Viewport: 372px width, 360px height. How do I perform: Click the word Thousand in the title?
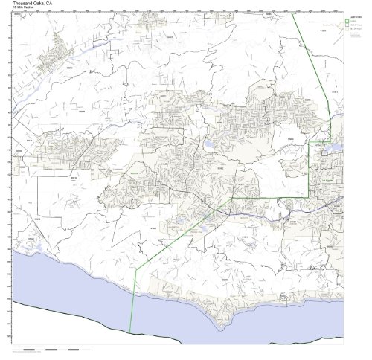tap(24, 3)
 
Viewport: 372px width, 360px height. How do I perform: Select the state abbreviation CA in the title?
tap(57, 3)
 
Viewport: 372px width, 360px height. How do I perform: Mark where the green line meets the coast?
tap(130, 332)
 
